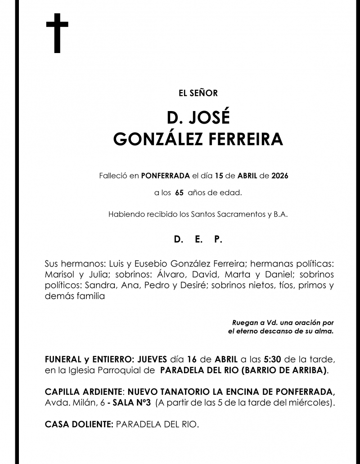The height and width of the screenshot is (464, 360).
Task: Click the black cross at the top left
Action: [57, 33]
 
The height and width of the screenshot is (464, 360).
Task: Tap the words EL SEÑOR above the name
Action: [198, 94]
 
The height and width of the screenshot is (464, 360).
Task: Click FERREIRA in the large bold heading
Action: [246, 139]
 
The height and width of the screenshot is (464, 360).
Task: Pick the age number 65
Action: [179, 193]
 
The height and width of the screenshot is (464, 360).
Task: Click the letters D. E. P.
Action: [198, 240]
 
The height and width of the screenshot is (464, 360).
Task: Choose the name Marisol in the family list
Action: [60, 274]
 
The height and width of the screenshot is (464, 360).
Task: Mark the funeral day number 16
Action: [192, 359]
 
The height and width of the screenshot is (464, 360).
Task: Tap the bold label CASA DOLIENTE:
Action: [79, 424]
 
